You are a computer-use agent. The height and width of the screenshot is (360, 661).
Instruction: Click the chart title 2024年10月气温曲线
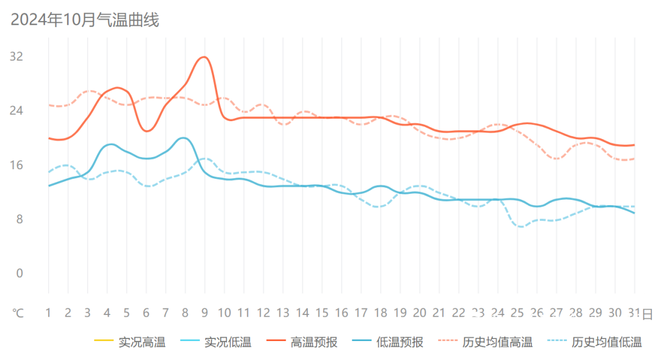point(85,20)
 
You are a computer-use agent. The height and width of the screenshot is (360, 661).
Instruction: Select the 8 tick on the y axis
point(19,220)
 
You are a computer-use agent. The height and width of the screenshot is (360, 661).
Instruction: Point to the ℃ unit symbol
point(19,313)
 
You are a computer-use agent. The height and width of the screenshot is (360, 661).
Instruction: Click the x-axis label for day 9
point(205,313)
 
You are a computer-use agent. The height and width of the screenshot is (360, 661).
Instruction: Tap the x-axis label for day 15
point(322,313)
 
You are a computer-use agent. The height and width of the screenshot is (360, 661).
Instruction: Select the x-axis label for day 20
point(420,313)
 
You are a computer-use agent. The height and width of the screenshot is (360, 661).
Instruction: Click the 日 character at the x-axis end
point(648,313)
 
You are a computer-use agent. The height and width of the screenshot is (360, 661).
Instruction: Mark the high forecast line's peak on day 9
point(204,57)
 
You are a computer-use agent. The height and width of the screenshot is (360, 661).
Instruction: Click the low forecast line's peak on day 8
point(184,138)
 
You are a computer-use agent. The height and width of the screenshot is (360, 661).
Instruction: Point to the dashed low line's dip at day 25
point(520,226)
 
